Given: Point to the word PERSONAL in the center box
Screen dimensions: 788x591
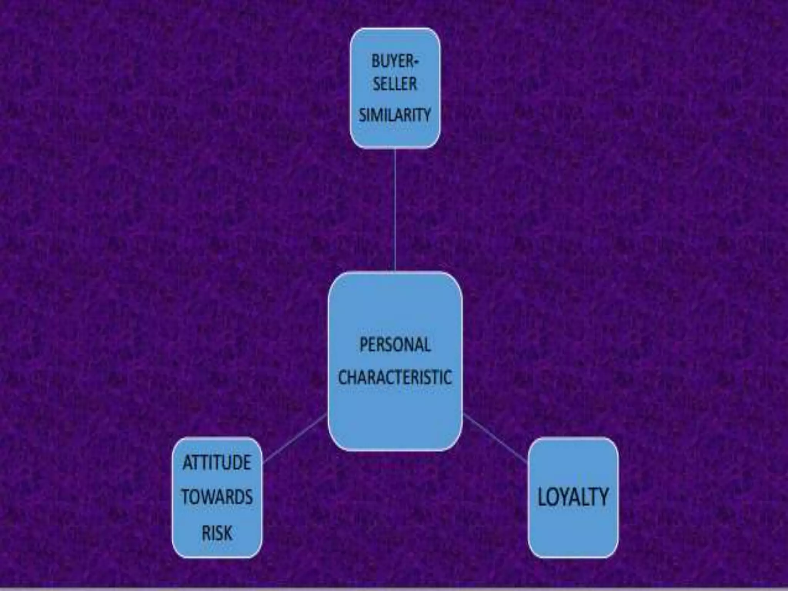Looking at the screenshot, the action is [395, 344].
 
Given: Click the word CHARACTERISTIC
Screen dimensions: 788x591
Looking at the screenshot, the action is [395, 377].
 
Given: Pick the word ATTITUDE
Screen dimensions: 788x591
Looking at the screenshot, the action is [217, 462].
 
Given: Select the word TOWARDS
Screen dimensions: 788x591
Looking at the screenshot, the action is [217, 497].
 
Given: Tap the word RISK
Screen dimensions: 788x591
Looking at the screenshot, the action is [217, 533].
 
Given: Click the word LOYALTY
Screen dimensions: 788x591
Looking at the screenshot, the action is [573, 497].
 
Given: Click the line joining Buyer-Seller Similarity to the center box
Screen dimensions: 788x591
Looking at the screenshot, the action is [395, 210].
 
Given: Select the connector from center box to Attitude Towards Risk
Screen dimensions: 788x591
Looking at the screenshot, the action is [295, 438].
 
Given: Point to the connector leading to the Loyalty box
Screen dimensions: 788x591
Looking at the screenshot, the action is [496, 438].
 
